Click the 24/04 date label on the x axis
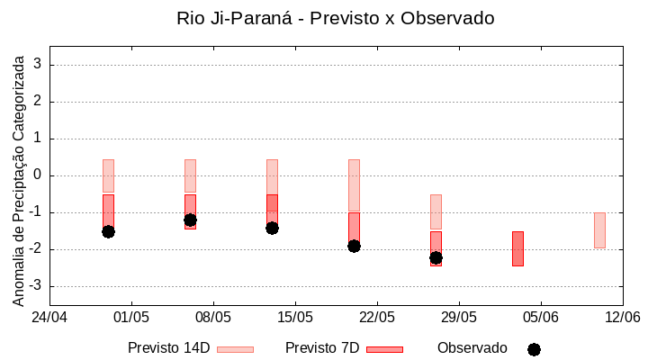click(x=49, y=317)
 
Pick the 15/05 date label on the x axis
click(x=295, y=317)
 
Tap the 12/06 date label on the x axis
click(x=622, y=317)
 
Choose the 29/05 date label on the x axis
click(x=459, y=317)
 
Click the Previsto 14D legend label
click(x=168, y=348)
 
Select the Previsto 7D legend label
click(x=321, y=348)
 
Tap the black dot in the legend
click(x=534, y=349)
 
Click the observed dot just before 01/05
click(x=108, y=231)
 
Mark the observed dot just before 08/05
click(x=190, y=220)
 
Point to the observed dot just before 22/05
click(x=354, y=246)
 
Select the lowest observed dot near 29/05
click(x=436, y=257)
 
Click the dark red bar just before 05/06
click(x=517, y=248)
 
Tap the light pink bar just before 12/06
click(x=599, y=229)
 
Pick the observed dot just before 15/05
click(x=272, y=228)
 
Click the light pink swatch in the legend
click(x=235, y=349)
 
